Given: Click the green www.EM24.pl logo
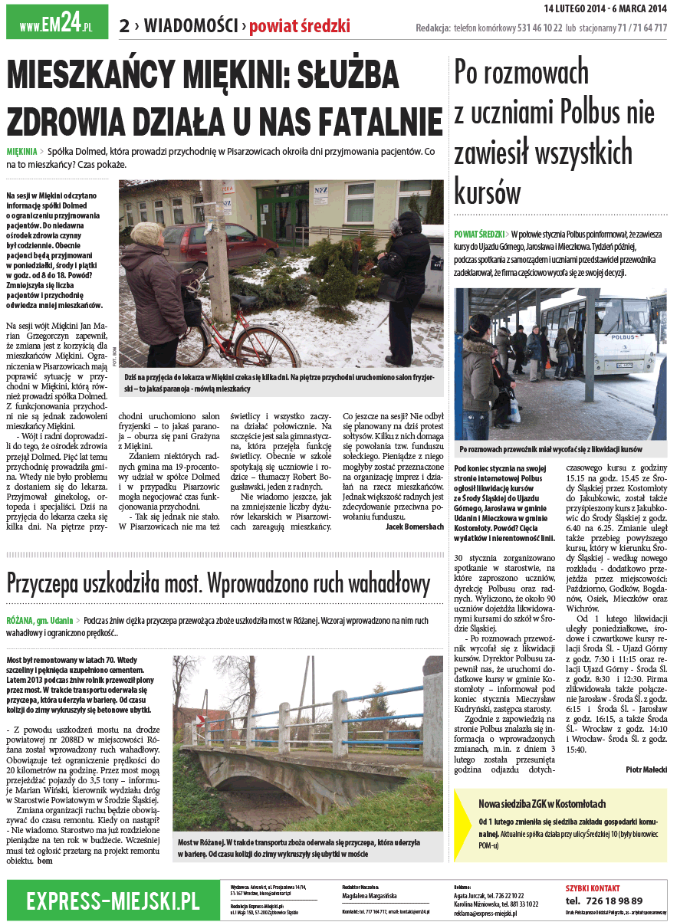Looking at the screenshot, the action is click(57, 25).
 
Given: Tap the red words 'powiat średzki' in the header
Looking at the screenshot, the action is click(300, 26).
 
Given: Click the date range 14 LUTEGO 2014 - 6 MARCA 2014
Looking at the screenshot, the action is click(606, 8).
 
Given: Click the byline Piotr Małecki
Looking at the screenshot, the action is click(646, 769).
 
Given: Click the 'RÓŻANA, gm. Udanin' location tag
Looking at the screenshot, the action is click(40, 620).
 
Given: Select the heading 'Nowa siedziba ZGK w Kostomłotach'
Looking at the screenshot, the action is click(541, 803).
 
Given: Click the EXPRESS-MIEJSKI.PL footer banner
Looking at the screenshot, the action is click(113, 900).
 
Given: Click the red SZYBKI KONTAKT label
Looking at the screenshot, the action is click(593, 887).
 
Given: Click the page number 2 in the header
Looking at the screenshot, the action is click(123, 26).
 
